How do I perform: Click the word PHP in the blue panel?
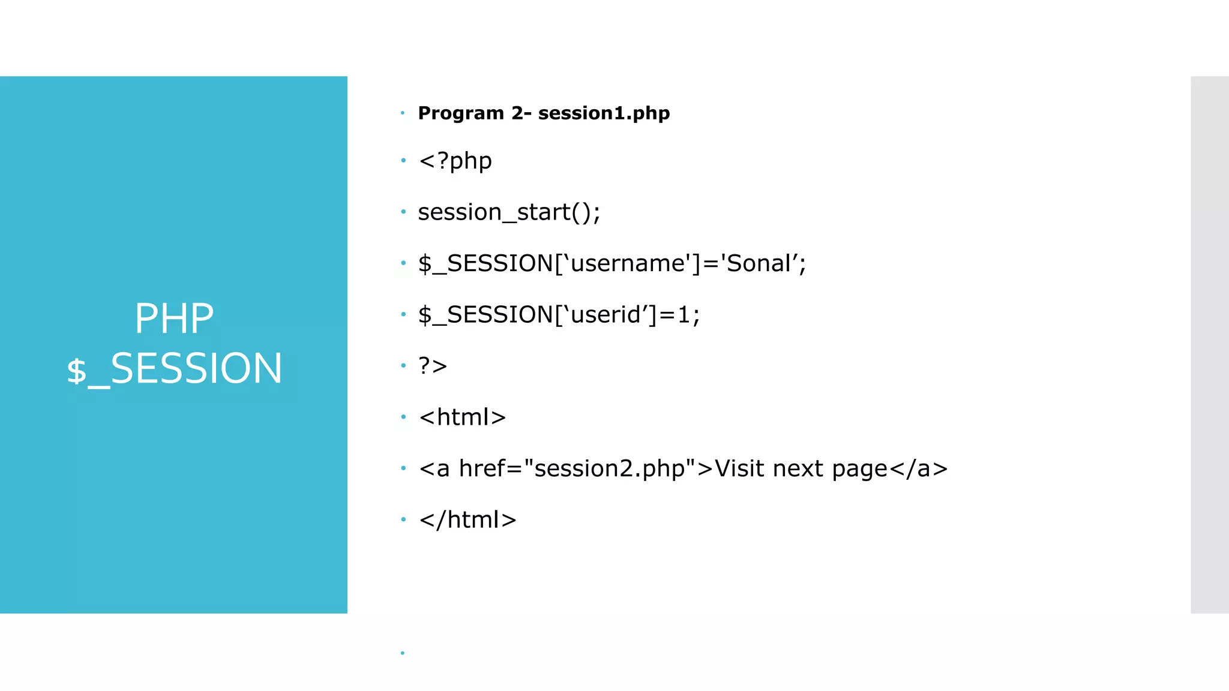tap(174, 319)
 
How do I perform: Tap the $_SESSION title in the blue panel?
tap(174, 368)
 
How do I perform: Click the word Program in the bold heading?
tap(461, 113)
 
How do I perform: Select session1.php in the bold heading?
tap(604, 113)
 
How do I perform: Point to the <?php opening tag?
tap(455, 161)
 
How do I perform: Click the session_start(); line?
tap(509, 212)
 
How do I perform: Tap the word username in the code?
tap(628, 263)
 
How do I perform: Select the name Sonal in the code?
tap(759, 263)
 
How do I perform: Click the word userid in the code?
tap(605, 315)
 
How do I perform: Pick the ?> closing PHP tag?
tap(433, 366)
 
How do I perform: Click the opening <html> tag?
tap(462, 417)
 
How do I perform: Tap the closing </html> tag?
tap(467, 520)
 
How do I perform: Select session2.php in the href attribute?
tap(610, 469)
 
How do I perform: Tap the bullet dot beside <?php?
tap(403, 161)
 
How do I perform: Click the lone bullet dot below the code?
tap(402, 653)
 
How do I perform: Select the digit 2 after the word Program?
tap(517, 113)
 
